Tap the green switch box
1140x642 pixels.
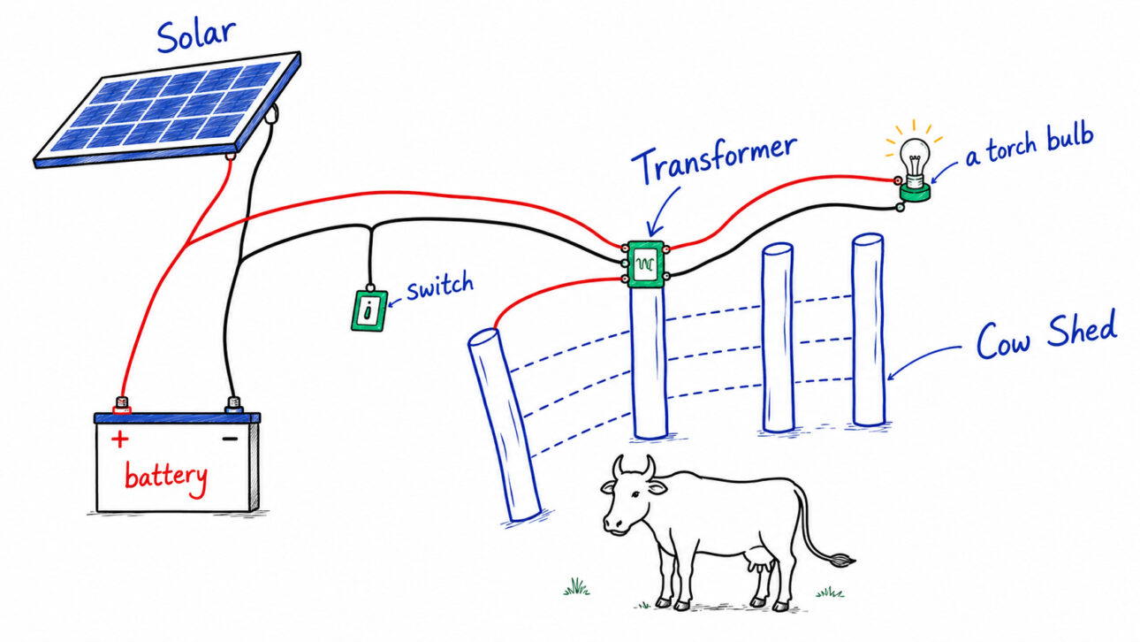[x=369, y=310]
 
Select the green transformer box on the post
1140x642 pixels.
[x=646, y=264]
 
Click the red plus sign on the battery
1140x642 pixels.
[x=119, y=439]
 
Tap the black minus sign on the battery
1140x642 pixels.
[x=230, y=439]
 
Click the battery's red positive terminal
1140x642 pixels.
[x=122, y=405]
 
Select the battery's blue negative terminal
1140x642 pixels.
[x=233, y=405]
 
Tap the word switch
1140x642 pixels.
[x=440, y=287]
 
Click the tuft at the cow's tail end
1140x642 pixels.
[x=841, y=561]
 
